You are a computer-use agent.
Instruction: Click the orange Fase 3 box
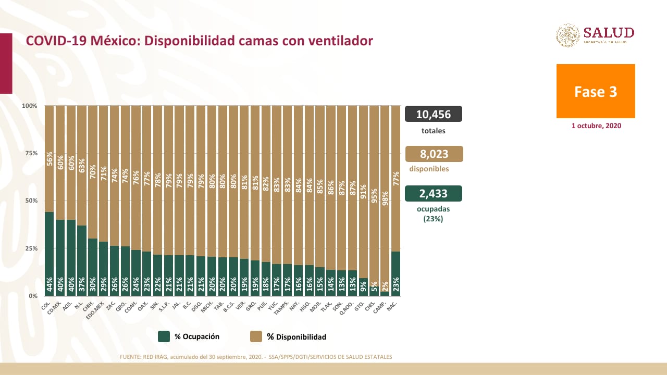pyautogui.click(x=596, y=91)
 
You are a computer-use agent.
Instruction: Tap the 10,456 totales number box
pyautogui.click(x=433, y=114)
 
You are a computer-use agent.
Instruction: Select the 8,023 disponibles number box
pyautogui.click(x=434, y=154)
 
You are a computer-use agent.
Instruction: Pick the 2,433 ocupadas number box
pyautogui.click(x=433, y=194)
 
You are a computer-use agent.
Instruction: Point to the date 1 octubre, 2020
pyautogui.click(x=596, y=126)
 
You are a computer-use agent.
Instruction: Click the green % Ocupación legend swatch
pyautogui.click(x=164, y=336)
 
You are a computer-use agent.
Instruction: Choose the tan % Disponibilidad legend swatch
pyautogui.click(x=256, y=336)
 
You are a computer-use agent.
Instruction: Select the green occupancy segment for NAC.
pyautogui.click(x=396, y=273)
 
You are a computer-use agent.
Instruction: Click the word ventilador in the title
pyautogui.click(x=340, y=41)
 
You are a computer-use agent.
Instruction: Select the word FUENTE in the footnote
pyautogui.click(x=131, y=357)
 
